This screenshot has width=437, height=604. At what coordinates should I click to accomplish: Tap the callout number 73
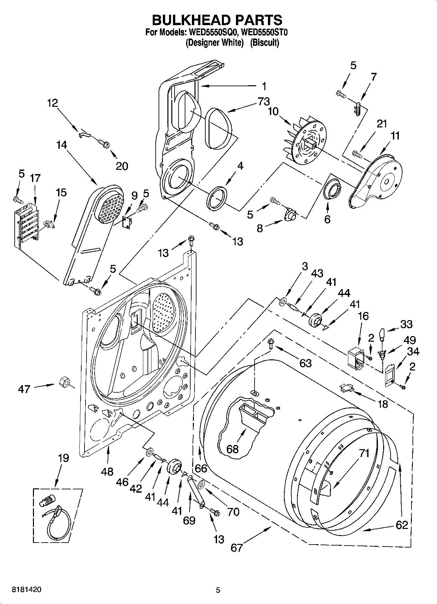pos(263,102)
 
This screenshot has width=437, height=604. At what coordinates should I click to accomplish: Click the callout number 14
pos(62,145)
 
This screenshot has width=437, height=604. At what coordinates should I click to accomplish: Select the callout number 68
pos(232,449)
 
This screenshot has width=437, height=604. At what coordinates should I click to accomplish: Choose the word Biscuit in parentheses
pos(264,43)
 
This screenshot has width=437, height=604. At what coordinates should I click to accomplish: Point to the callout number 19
pos(63,458)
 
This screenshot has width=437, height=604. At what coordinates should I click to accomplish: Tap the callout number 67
pos(237,547)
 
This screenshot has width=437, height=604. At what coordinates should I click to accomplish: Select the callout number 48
pos(107,471)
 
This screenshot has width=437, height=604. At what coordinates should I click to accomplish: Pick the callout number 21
pos(382,124)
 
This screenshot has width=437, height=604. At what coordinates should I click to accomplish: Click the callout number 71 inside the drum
pos(364,453)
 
